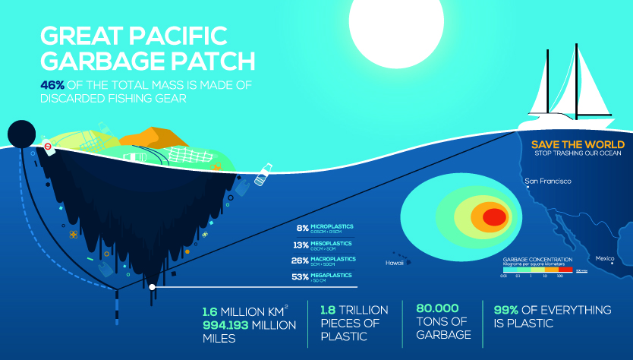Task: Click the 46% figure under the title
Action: tap(51, 84)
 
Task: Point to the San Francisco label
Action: tap(547, 182)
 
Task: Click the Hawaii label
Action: tap(394, 263)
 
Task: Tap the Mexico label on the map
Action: tap(604, 259)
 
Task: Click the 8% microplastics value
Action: tap(302, 227)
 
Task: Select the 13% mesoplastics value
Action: tap(301, 244)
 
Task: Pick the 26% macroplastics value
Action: tap(301, 260)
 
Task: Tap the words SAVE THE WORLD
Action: tap(578, 144)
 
